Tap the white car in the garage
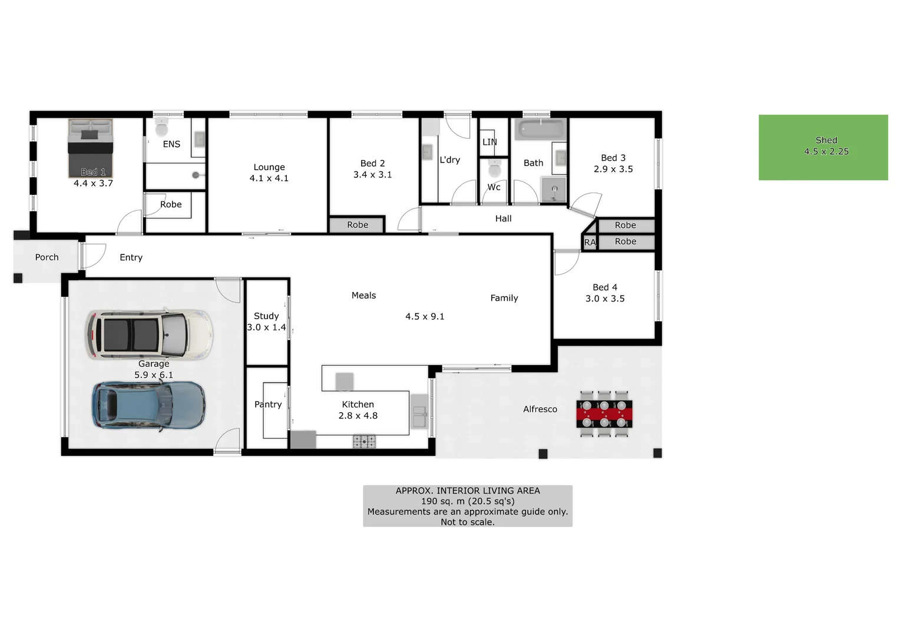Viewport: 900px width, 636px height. tap(148, 333)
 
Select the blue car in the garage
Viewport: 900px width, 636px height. tap(148, 406)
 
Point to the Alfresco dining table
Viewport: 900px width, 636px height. tap(604, 413)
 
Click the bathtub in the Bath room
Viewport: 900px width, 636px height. tap(540, 129)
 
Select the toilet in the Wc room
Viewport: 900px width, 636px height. tap(494, 170)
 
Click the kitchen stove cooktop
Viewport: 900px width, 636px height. tap(364, 441)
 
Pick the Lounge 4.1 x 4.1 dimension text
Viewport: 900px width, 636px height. tap(269, 178)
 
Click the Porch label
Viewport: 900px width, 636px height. tap(47, 257)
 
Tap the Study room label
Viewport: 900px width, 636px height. tap(266, 316)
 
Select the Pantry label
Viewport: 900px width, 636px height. tap(268, 405)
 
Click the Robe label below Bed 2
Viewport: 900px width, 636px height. tap(358, 225)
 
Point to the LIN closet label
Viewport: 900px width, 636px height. tap(489, 142)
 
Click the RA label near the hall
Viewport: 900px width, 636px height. tap(590, 243)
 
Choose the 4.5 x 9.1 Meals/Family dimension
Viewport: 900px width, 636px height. tap(425, 317)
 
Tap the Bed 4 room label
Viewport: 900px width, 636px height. tap(605, 287)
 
